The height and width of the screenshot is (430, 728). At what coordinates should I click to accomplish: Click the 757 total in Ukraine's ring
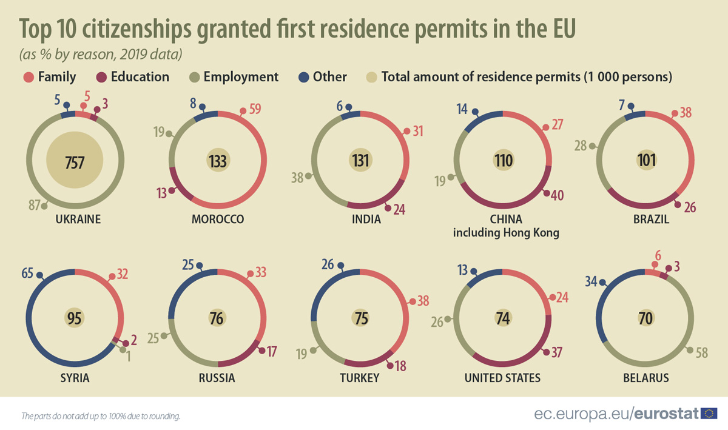click(x=75, y=162)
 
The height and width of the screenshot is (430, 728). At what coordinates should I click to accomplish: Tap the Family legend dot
click(x=28, y=77)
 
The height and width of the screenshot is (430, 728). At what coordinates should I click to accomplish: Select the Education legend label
click(x=140, y=77)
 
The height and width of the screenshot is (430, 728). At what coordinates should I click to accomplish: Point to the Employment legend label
click(x=241, y=77)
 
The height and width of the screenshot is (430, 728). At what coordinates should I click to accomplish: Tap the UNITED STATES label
click(x=502, y=378)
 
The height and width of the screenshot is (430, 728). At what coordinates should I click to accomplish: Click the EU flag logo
click(x=709, y=414)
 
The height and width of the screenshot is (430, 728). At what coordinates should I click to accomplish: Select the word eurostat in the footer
click(x=666, y=414)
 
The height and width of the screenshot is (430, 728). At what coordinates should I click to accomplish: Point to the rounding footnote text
click(x=101, y=416)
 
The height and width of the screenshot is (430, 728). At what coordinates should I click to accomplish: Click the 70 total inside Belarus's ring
click(x=645, y=318)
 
